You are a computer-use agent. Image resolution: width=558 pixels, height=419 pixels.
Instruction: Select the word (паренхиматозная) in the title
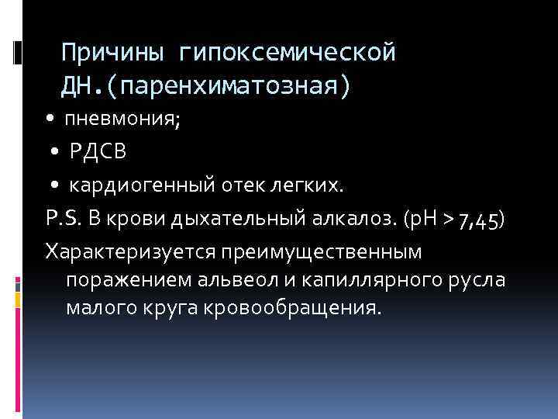229,85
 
